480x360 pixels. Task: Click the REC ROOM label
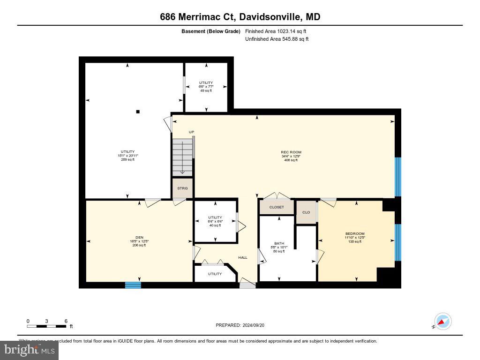pyautogui.click(x=291, y=152)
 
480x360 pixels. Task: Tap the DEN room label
pyautogui.click(x=139, y=237)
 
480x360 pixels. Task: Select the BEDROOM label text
pyautogui.click(x=354, y=233)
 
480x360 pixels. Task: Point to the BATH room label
pyautogui.click(x=279, y=243)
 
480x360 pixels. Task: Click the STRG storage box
pyautogui.click(x=182, y=188)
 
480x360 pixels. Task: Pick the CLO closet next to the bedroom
pyautogui.click(x=306, y=212)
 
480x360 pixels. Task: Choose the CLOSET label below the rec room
pyautogui.click(x=277, y=207)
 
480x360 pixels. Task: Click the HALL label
pyautogui.click(x=243, y=257)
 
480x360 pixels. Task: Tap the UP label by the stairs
pyautogui.click(x=191, y=132)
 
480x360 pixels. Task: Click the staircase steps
pyautogui.click(x=182, y=156)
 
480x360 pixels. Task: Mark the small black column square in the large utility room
pyautogui.click(x=138, y=112)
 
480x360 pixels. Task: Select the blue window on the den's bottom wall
pyautogui.click(x=133, y=285)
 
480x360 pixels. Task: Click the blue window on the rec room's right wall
pyautogui.click(x=398, y=177)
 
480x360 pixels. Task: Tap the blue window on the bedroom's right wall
pyautogui.click(x=398, y=242)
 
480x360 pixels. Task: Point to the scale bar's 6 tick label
pyautogui.click(x=66, y=321)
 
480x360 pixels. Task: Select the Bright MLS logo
pyautogui.click(x=30, y=350)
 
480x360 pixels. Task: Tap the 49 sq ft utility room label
pyautogui.click(x=206, y=90)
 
